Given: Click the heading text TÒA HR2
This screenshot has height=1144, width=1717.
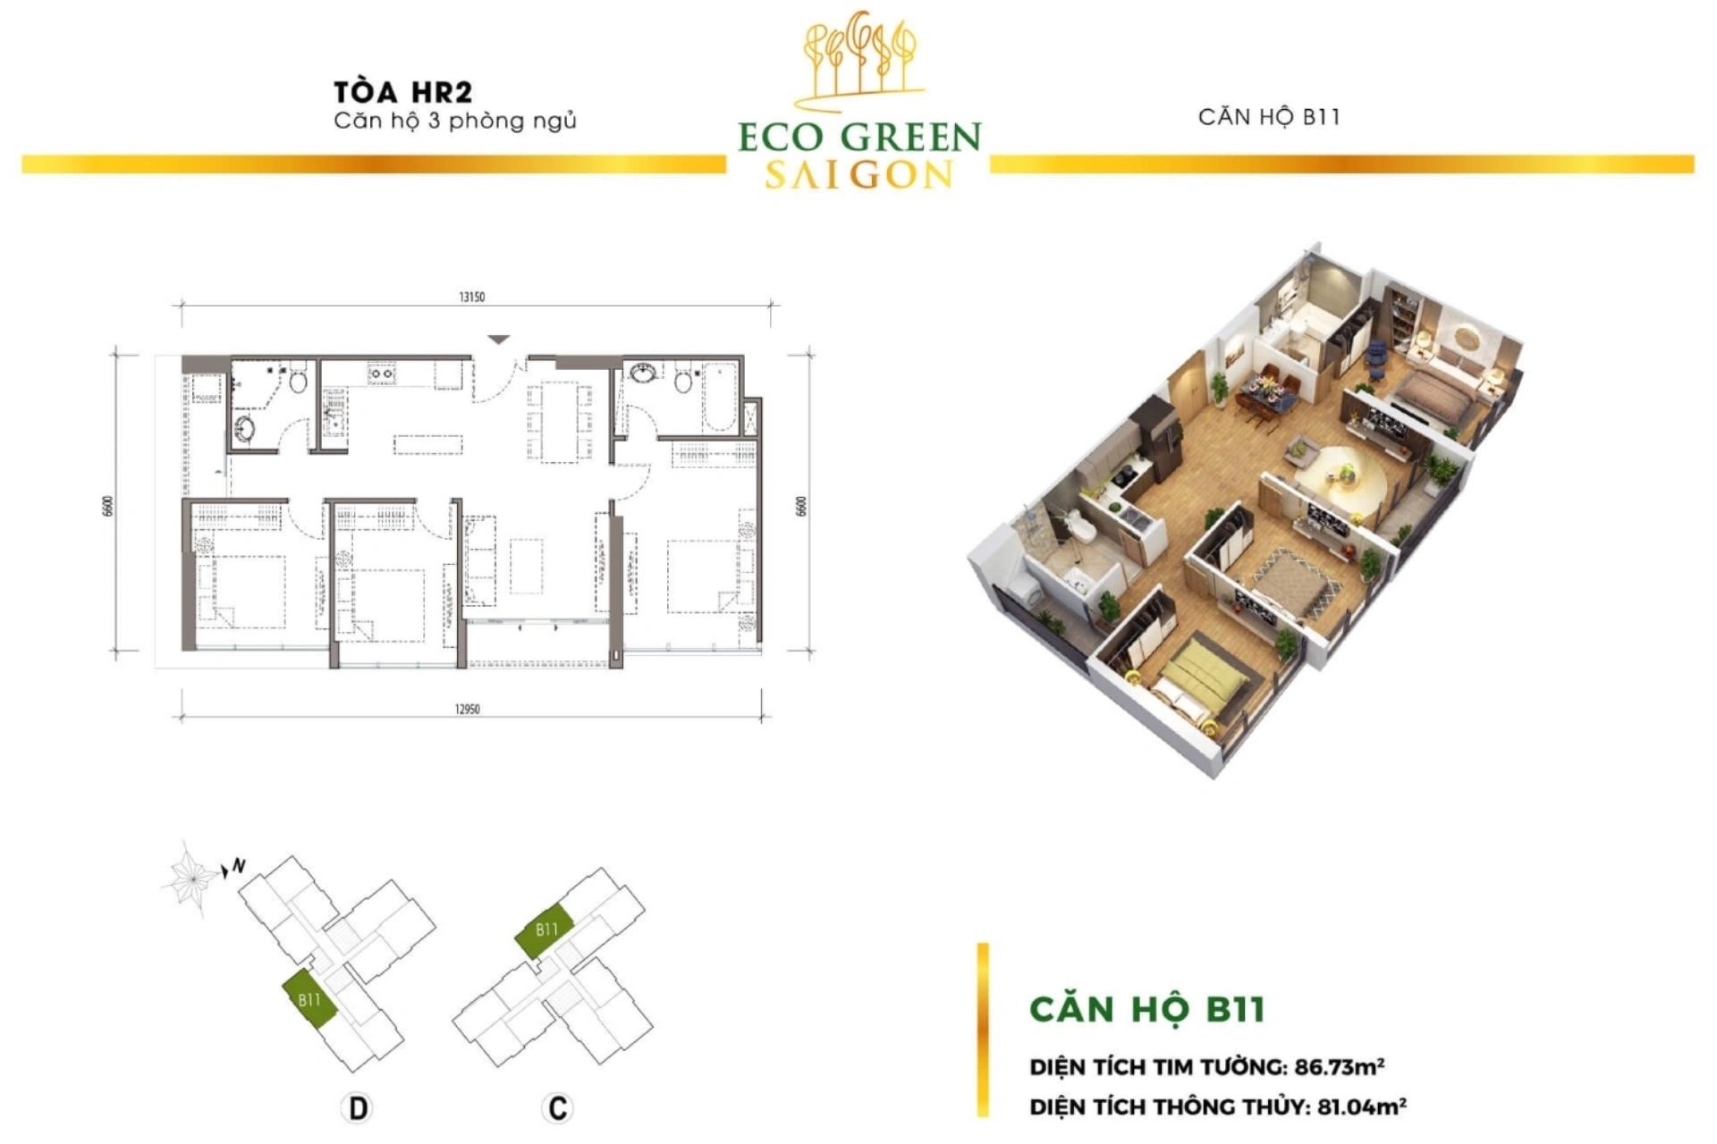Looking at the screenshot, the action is pos(402,92).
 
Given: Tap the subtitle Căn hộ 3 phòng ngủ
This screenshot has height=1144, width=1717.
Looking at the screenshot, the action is pos(455,121).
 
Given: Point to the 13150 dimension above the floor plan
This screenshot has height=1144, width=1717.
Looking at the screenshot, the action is pos(471,297).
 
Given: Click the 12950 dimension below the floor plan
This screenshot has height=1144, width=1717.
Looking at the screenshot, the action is pos(467,710).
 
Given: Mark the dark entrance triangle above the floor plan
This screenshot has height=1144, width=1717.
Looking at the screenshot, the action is pos(499,340).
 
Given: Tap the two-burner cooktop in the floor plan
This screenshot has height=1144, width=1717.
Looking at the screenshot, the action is pos(382,373).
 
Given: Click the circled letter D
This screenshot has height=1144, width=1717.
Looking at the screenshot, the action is pos(357,1108).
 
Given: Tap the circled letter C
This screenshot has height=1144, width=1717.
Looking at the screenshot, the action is pos(557,1108).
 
